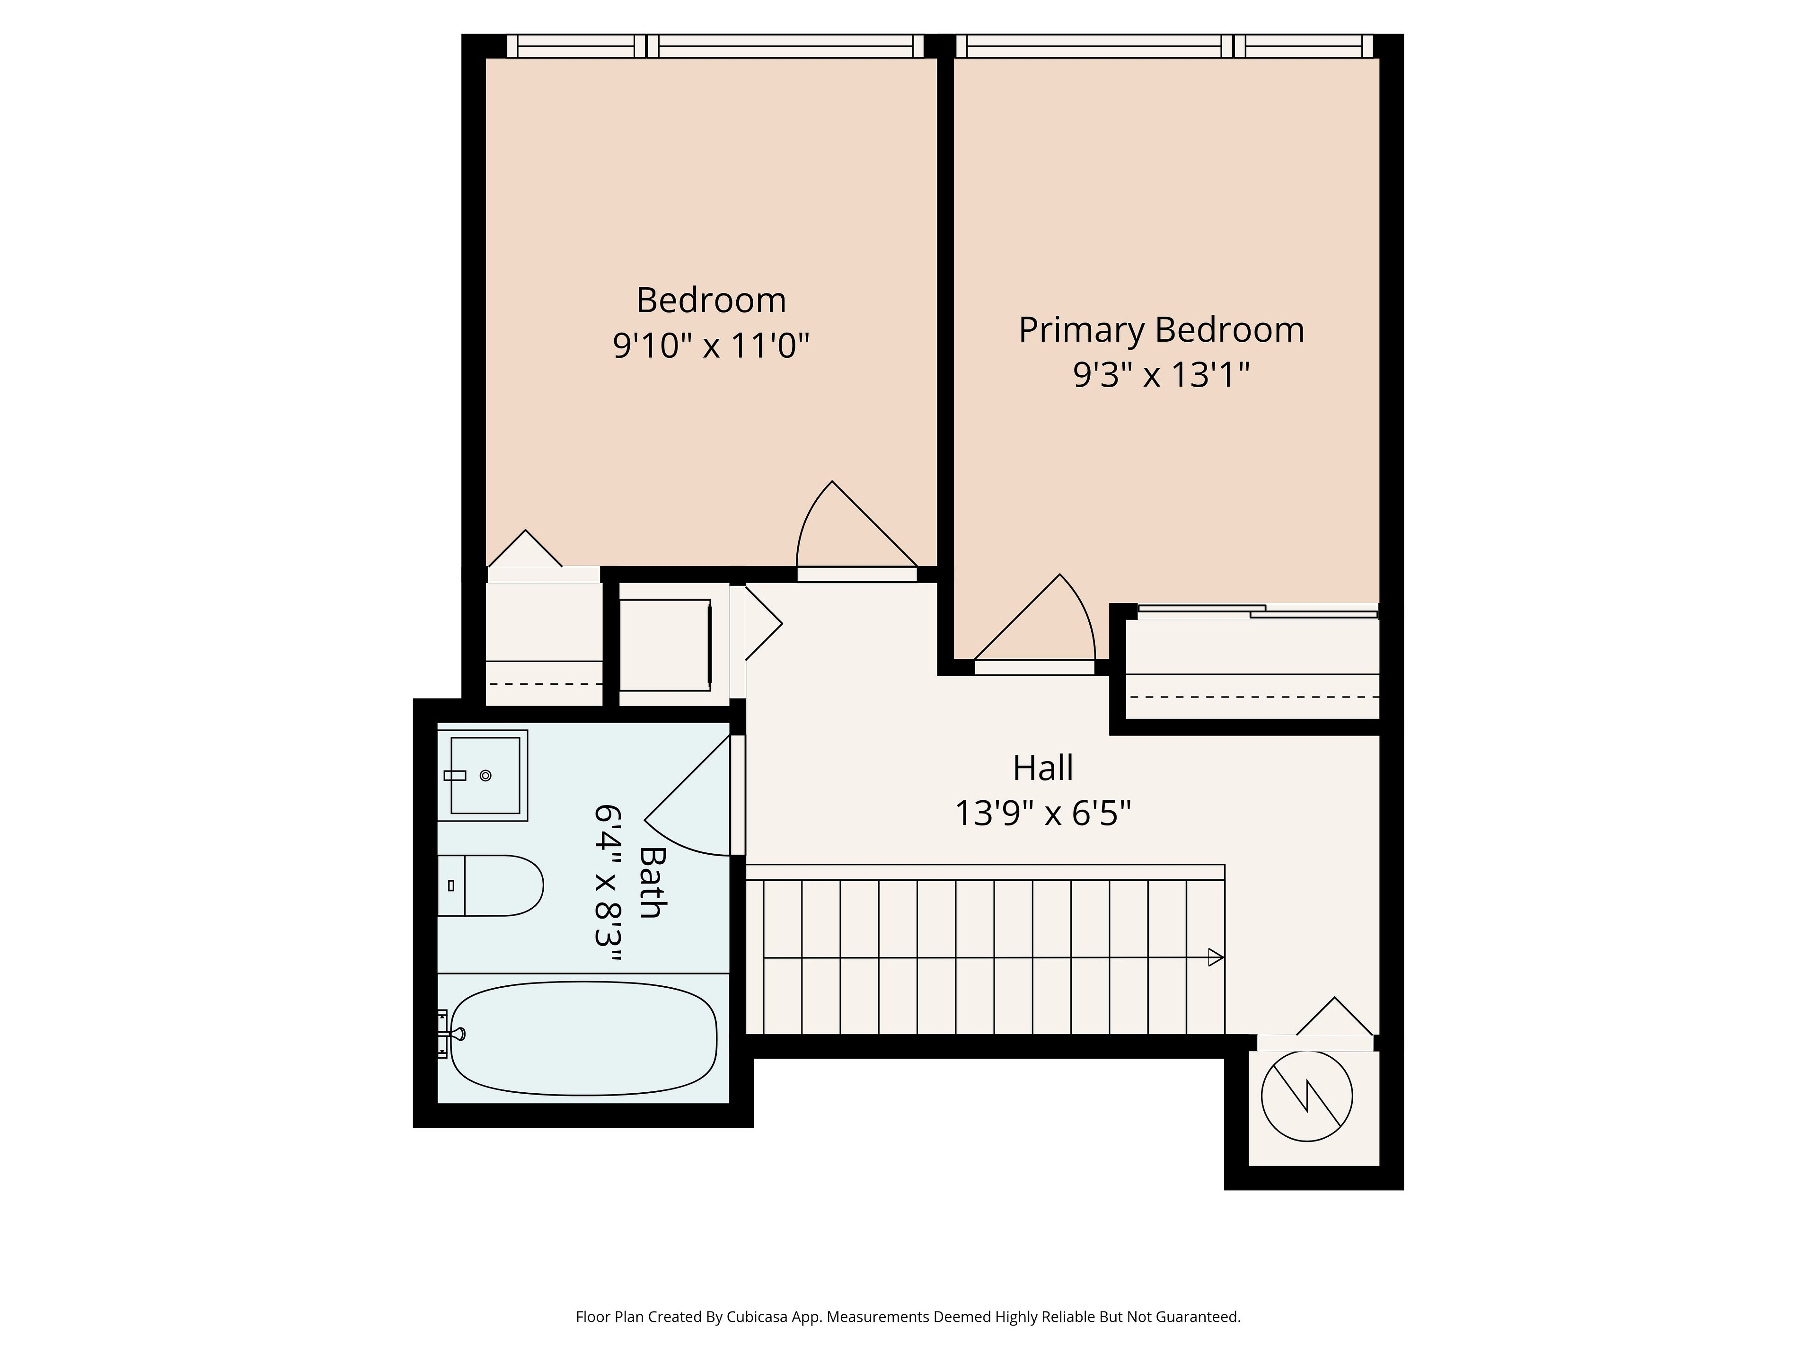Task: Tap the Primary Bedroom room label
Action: [x=1162, y=330]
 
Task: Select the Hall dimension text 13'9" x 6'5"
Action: [x=1043, y=814]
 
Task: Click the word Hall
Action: [x=1043, y=768]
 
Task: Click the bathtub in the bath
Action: [x=583, y=1038]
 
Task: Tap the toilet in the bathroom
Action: [x=490, y=885]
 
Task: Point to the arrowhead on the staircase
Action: [x=1216, y=957]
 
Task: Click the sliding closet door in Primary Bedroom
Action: [x=1257, y=611]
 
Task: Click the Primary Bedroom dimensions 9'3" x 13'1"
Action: [x=1162, y=375]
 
